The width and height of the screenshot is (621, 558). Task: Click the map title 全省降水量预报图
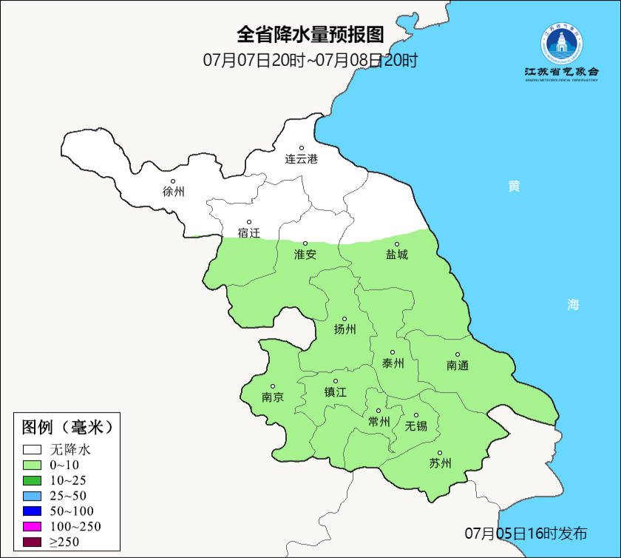(310, 35)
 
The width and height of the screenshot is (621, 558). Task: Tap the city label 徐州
(173, 192)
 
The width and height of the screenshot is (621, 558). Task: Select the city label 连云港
(302, 159)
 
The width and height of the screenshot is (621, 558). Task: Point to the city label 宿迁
(249, 233)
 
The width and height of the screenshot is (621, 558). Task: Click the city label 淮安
(305, 255)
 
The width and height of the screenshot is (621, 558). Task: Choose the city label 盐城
(396, 255)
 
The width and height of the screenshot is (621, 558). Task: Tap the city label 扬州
(345, 330)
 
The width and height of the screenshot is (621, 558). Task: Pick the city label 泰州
(393, 363)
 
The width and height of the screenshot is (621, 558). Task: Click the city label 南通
(458, 366)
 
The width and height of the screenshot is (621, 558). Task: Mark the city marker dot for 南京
(273, 386)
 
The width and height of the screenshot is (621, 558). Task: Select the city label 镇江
(335, 393)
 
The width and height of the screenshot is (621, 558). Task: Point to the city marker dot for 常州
(379, 411)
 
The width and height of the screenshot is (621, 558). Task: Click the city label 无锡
(415, 426)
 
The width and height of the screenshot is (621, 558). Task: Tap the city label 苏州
(440, 464)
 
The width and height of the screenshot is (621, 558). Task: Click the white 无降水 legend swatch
(32, 449)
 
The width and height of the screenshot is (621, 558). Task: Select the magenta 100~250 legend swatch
(32, 527)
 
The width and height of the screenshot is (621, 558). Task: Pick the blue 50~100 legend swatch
(32, 511)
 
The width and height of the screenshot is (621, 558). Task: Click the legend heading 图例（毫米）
(67, 427)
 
